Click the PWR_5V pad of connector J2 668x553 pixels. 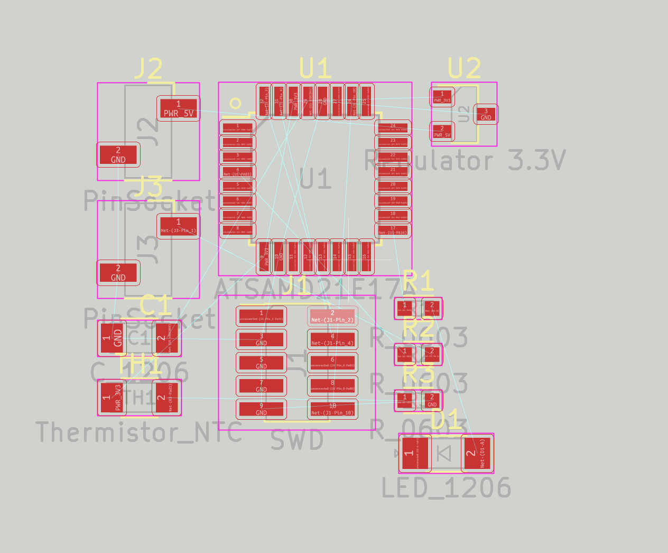pyautogui.click(x=178, y=108)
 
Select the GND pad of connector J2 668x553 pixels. pyautogui.click(x=118, y=154)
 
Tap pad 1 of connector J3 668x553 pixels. pyautogui.click(x=178, y=226)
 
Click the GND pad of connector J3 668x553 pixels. pyautogui.click(x=118, y=272)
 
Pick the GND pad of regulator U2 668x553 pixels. pyautogui.click(x=486, y=114)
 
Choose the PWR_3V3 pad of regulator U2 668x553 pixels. pyautogui.click(x=442, y=97)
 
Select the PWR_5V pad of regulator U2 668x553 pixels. pyautogui.click(x=442, y=131)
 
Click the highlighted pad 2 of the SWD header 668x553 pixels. pyautogui.click(x=332, y=316)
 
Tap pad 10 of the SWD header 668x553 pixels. pyautogui.click(x=332, y=409)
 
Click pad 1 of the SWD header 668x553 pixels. pyautogui.click(x=261, y=316)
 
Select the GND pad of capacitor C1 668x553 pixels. pyautogui.click(x=112, y=338)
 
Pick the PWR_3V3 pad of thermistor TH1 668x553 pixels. pyautogui.click(x=112, y=397)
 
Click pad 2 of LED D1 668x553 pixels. pyautogui.click(x=477, y=453)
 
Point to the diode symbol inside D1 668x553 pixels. pyautogui.click(x=444, y=453)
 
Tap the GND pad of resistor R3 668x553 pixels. pyautogui.click(x=432, y=400)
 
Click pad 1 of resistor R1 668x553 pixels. pyautogui.click(x=405, y=308)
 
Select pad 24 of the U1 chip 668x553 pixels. pyautogui.click(x=393, y=127)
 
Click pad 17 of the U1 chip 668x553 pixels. pyautogui.click(x=393, y=230)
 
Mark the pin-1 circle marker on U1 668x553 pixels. pyautogui.click(x=235, y=104)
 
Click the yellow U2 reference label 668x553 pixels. pyautogui.click(x=464, y=69)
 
